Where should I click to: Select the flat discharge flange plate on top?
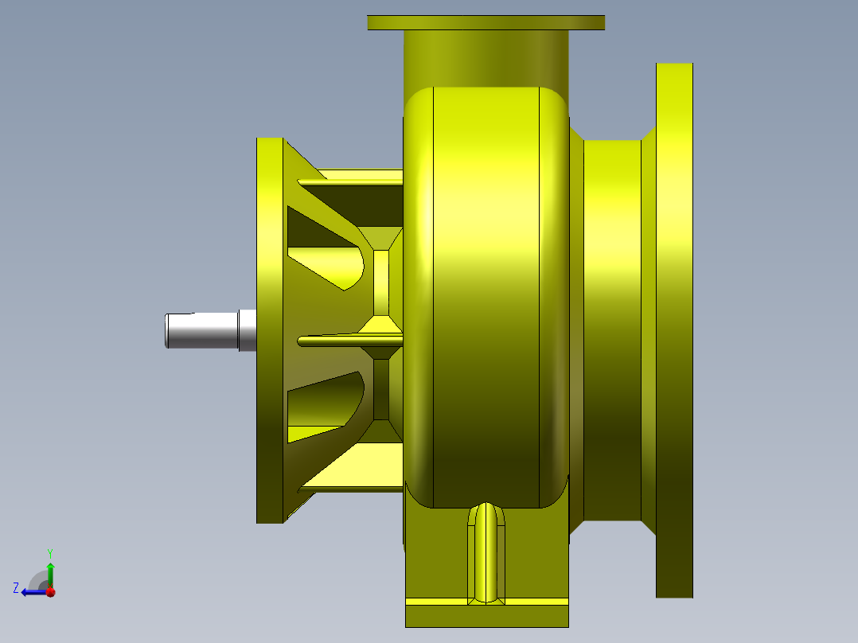[x=486, y=22]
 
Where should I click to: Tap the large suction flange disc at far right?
[x=674, y=330]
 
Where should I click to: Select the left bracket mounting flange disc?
[x=270, y=330]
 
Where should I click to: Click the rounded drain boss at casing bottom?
[x=486, y=549]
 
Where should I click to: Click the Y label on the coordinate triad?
[x=50, y=552]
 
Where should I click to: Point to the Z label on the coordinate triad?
[x=16, y=588]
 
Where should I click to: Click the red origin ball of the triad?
[x=50, y=592]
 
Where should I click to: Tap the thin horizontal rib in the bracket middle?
[x=342, y=341]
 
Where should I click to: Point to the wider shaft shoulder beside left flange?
[x=248, y=330]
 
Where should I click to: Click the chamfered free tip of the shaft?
[x=168, y=330]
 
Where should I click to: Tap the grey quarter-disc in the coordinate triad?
[x=38, y=581]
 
